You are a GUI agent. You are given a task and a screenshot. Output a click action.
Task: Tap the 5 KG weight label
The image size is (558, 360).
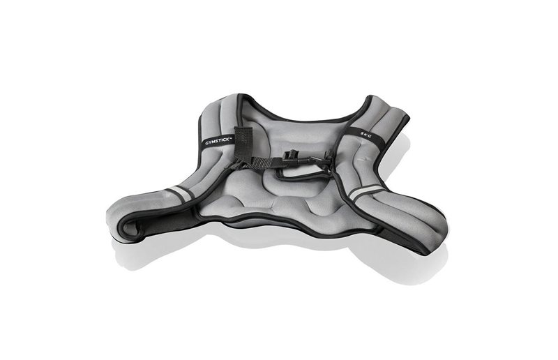pyautogui.click(x=365, y=133)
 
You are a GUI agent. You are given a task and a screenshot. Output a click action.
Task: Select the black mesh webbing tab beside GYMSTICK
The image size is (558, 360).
pyautogui.click(x=243, y=142)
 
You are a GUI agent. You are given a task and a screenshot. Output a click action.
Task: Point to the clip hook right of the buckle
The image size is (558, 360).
pyautogui.click(x=319, y=160)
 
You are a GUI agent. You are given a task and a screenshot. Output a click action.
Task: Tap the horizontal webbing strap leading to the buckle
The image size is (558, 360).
pyautogui.click(x=264, y=163)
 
